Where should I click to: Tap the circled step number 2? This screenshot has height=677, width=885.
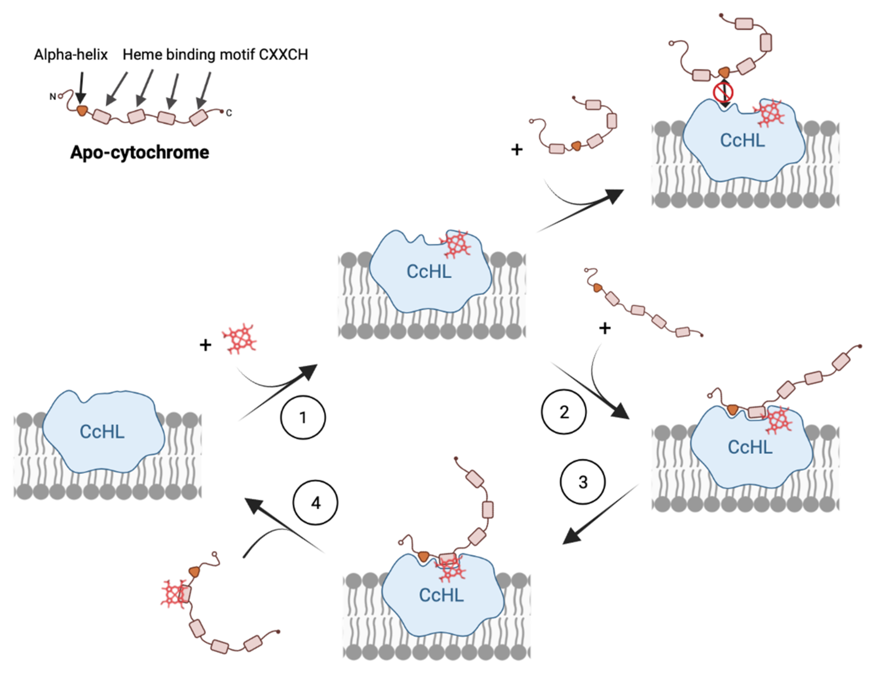click(563, 412)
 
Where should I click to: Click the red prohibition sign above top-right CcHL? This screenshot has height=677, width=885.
click(723, 92)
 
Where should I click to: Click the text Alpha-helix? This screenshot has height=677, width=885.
click(71, 54)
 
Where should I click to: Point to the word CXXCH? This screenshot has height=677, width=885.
click(283, 54)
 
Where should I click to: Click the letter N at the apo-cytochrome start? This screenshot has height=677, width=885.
click(52, 97)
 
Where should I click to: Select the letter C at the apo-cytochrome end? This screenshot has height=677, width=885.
click(229, 113)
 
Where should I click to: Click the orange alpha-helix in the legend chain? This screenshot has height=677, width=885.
click(82, 110)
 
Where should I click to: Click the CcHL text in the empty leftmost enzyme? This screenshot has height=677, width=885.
click(102, 432)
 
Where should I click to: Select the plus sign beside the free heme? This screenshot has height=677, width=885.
click(206, 345)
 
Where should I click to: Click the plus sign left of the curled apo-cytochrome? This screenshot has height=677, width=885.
click(517, 150)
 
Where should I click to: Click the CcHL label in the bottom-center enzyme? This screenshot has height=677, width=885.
click(441, 595)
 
